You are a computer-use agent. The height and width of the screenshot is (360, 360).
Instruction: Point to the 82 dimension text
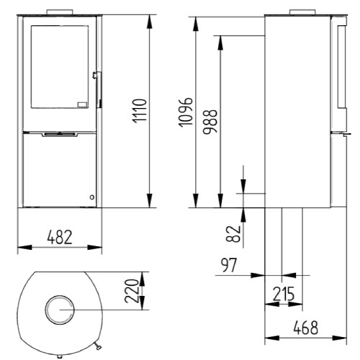coord(232,233)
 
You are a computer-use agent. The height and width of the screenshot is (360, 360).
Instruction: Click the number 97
coord(229,266)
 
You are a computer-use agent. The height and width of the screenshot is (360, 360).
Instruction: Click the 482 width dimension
coord(59,237)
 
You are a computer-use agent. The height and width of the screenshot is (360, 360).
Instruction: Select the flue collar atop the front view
coord(59,12)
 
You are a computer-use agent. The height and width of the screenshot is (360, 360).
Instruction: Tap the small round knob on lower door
coord(91,197)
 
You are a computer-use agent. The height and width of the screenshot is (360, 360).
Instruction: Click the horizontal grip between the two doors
coord(59,134)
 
